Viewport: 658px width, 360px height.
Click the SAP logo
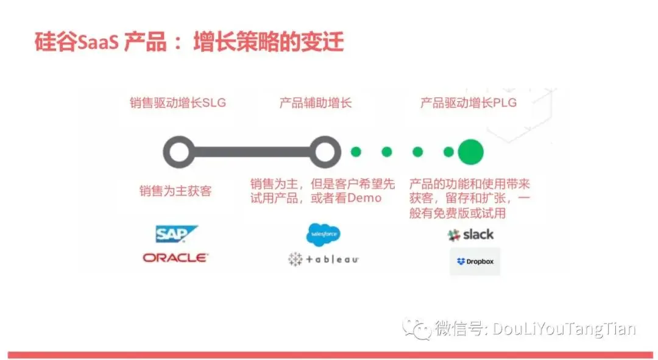point(176,235)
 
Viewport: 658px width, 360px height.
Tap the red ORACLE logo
point(175,258)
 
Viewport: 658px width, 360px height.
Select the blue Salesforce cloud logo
point(323,234)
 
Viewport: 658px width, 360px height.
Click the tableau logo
point(323,259)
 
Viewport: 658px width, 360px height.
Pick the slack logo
point(471,235)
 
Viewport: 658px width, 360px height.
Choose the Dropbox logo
point(475,261)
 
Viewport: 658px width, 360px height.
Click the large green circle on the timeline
point(470,152)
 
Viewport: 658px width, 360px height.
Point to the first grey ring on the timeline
point(179,152)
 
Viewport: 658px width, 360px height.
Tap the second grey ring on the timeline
point(324,152)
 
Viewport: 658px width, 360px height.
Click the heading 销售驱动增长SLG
point(178,103)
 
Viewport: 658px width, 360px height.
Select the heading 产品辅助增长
point(316,103)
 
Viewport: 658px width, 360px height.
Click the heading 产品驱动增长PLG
point(468,103)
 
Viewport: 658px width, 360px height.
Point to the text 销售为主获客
point(175,191)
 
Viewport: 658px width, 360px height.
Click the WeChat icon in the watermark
point(416,330)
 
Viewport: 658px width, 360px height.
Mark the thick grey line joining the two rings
point(251,152)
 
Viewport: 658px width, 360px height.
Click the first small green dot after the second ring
point(356,152)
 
